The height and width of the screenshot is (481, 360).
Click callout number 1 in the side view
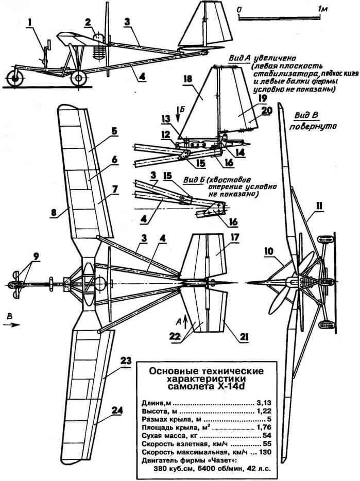pyautogui.click(x=29, y=23)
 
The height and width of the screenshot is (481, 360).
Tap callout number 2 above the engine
pyautogui.click(x=88, y=22)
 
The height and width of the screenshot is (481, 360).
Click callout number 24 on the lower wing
pyautogui.click(x=117, y=411)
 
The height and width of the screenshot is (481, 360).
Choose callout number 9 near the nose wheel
pyautogui.click(x=37, y=256)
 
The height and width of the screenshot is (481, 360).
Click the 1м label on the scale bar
pyautogui.click(x=323, y=9)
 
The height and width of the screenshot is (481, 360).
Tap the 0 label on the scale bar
pyautogui.click(x=239, y=9)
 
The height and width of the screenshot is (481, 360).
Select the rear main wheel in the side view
pyautogui.click(x=79, y=78)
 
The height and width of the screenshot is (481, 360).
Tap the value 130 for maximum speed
pyautogui.click(x=265, y=452)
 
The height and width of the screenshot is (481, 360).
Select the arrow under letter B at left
pyautogui.click(x=12, y=325)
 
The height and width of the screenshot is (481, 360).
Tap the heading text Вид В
pyautogui.click(x=306, y=115)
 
